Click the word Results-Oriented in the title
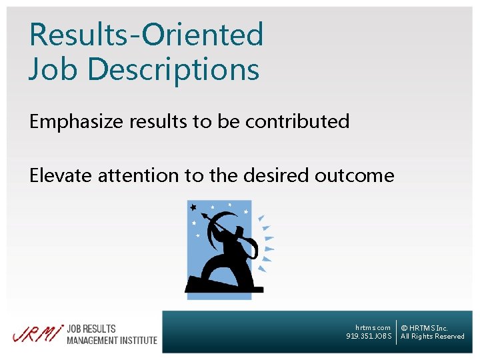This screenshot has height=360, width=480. click(146, 35)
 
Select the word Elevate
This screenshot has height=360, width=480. click(61, 175)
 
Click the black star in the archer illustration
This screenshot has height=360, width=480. click(193, 207)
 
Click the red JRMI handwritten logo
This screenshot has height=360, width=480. click(37, 333)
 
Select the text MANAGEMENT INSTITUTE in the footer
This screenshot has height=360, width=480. click(112, 340)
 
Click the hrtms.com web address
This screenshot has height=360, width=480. click(373, 327)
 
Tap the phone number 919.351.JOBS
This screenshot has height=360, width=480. click(369, 337)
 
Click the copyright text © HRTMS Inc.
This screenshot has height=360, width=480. click(424, 328)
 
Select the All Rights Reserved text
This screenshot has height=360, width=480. click(432, 337)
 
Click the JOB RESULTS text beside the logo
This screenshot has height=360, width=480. click(91, 329)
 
